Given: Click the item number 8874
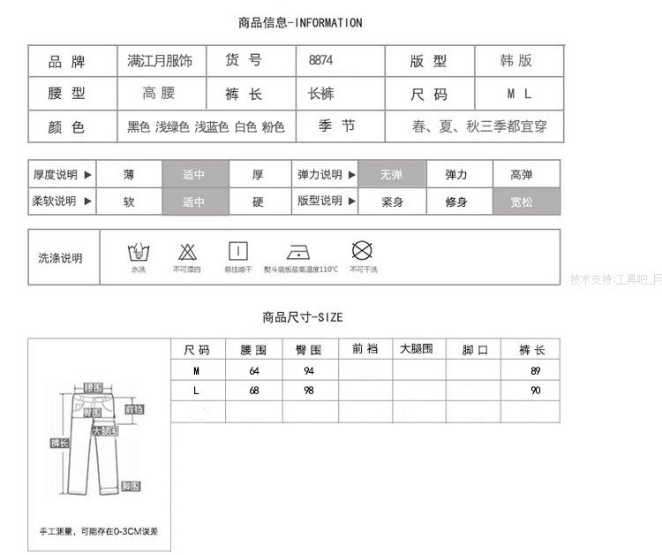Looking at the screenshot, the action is pos(321,61).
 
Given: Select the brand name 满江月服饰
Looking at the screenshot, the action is pos(161,61).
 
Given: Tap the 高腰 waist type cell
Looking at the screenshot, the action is pos(159,94).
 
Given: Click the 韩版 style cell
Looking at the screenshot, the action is pos(518,61).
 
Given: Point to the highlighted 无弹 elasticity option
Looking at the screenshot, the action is pos(391,175).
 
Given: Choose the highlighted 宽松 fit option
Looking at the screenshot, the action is pos(526,201).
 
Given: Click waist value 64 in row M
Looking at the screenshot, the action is pos(254,370).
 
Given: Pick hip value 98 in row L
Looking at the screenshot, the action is pos(309,391).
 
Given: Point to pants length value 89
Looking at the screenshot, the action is pos(535,370).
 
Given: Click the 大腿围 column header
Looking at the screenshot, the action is pos(417,349).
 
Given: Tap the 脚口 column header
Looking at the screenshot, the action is pos(475,350).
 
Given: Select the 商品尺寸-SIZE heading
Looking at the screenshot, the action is pos(302,317).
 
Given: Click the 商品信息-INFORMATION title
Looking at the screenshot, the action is pos(300,23).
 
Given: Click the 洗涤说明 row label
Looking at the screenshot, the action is pos(60,258).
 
